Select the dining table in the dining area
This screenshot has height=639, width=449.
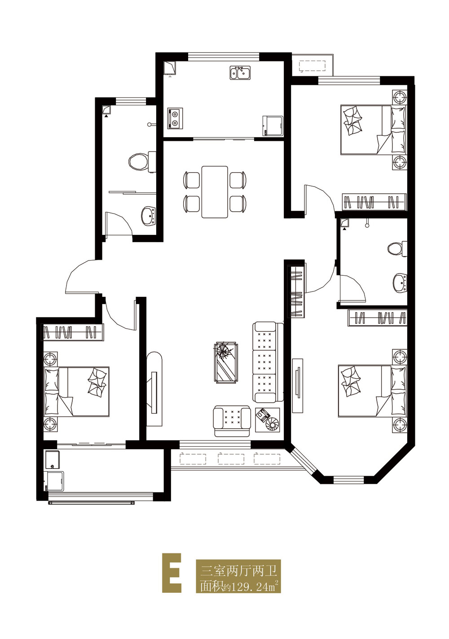click(x=215, y=192)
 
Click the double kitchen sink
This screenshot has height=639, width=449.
click(x=240, y=73)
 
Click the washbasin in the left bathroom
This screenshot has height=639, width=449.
click(x=149, y=216)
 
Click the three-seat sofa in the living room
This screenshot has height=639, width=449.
click(x=268, y=362)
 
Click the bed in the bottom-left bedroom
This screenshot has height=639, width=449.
click(x=76, y=391)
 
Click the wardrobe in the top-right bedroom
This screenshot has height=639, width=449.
click(x=374, y=202)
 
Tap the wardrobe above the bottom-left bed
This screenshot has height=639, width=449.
click(x=73, y=332)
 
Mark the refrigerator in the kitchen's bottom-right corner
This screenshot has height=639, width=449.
click(x=273, y=126)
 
